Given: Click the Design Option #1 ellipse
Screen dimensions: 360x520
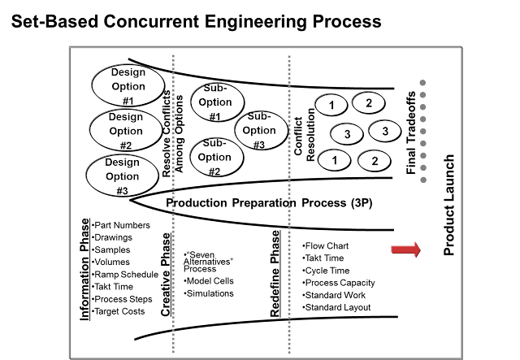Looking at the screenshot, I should [x=128, y=86].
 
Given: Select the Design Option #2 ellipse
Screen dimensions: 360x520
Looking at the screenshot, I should [x=126, y=131].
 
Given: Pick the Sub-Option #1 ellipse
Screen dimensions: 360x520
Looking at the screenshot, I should [x=216, y=102].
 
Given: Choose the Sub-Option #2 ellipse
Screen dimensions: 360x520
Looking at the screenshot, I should [x=215, y=157].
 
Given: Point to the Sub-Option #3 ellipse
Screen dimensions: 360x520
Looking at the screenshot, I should [x=261, y=130].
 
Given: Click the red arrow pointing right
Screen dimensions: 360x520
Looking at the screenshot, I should [x=405, y=249].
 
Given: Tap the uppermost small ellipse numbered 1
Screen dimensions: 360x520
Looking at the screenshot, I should [x=331, y=105].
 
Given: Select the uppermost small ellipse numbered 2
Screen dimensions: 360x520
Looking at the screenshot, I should [x=368, y=102].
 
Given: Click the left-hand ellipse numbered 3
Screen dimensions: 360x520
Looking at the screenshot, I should [x=346, y=134].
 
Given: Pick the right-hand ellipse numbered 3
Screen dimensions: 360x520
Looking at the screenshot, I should [x=384, y=131].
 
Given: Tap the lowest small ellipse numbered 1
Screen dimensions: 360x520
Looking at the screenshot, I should [x=333, y=160].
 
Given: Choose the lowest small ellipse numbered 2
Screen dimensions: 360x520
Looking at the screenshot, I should [x=374, y=161].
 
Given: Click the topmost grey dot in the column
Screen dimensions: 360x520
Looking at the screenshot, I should [x=422, y=83].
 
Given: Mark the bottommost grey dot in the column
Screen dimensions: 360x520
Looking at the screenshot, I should [x=422, y=180].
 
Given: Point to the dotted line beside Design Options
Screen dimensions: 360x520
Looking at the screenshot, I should [x=173, y=203].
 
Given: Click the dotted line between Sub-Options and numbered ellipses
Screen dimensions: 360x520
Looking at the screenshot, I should [x=288, y=203].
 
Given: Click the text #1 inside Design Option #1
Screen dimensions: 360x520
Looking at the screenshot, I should [x=128, y=101].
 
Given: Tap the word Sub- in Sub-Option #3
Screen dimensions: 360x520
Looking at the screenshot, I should [x=258, y=116].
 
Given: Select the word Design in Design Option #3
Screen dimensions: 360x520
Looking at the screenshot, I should [x=122, y=162].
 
